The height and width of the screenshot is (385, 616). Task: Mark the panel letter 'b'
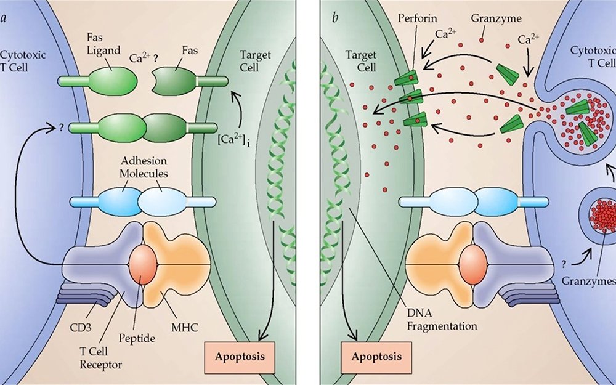coord(334,17)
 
